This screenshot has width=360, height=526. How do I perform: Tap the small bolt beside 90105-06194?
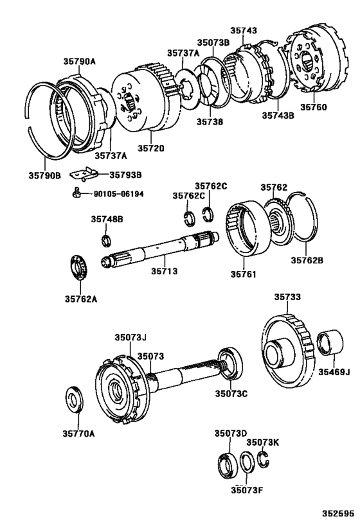[x=76, y=193]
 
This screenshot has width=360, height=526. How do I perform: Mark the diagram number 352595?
[x=337, y=514]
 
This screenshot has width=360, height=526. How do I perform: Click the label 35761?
[x=244, y=275]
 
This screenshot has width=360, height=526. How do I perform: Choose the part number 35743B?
[x=278, y=116]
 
